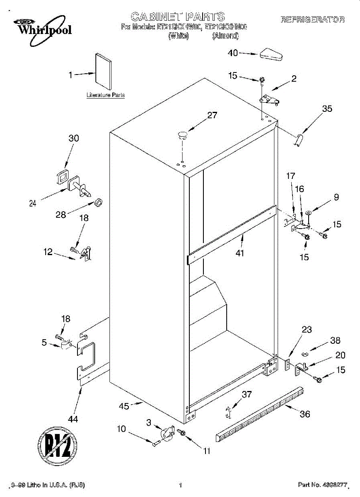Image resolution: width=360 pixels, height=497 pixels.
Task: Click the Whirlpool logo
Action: tap(39, 27)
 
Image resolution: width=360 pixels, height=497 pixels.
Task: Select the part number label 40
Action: tap(233, 53)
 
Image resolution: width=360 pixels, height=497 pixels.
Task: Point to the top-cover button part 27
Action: tap(182, 133)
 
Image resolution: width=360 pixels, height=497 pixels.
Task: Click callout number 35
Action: tap(327, 109)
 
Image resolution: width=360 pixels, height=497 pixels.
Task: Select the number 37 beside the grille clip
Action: tap(246, 394)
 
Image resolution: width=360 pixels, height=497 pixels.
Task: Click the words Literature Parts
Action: tap(106, 95)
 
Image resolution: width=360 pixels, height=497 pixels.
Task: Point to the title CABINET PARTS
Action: tap(178, 17)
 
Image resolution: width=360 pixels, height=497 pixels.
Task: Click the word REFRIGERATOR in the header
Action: tap(312, 19)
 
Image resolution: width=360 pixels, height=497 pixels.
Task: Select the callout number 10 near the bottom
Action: tap(121, 429)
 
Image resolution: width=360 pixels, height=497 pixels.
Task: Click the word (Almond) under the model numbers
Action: tap(225, 36)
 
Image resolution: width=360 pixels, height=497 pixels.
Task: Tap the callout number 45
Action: tap(124, 406)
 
